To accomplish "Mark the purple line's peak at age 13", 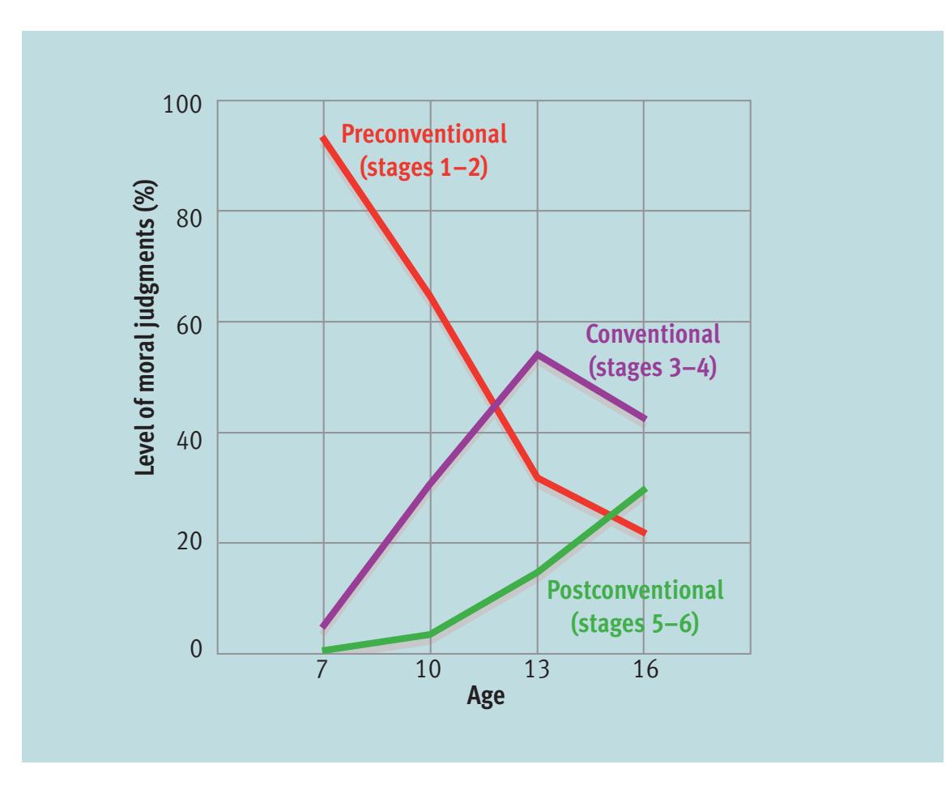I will [x=537, y=355].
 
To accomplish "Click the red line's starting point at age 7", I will [x=323, y=138].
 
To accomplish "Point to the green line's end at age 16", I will [x=645, y=489].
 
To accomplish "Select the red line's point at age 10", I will [x=430, y=297].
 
